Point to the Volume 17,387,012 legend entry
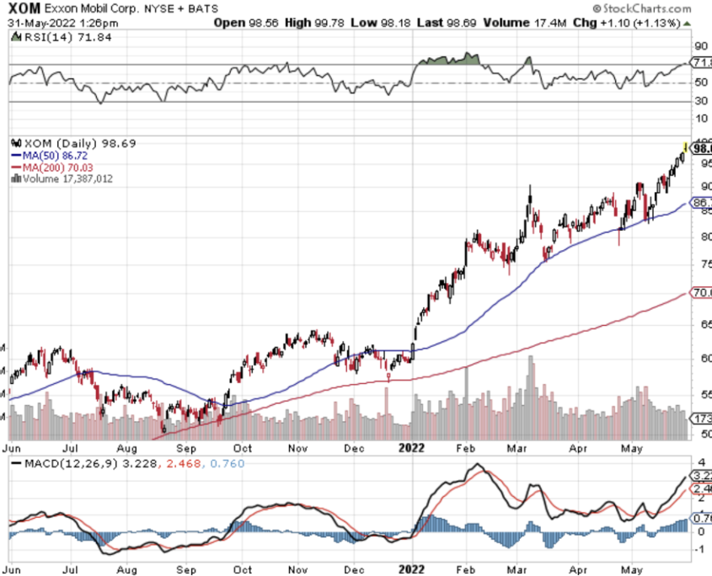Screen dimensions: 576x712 (x=67, y=178)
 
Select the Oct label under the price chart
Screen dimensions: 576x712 (x=244, y=449)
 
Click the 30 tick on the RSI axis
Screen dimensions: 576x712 (x=699, y=100)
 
